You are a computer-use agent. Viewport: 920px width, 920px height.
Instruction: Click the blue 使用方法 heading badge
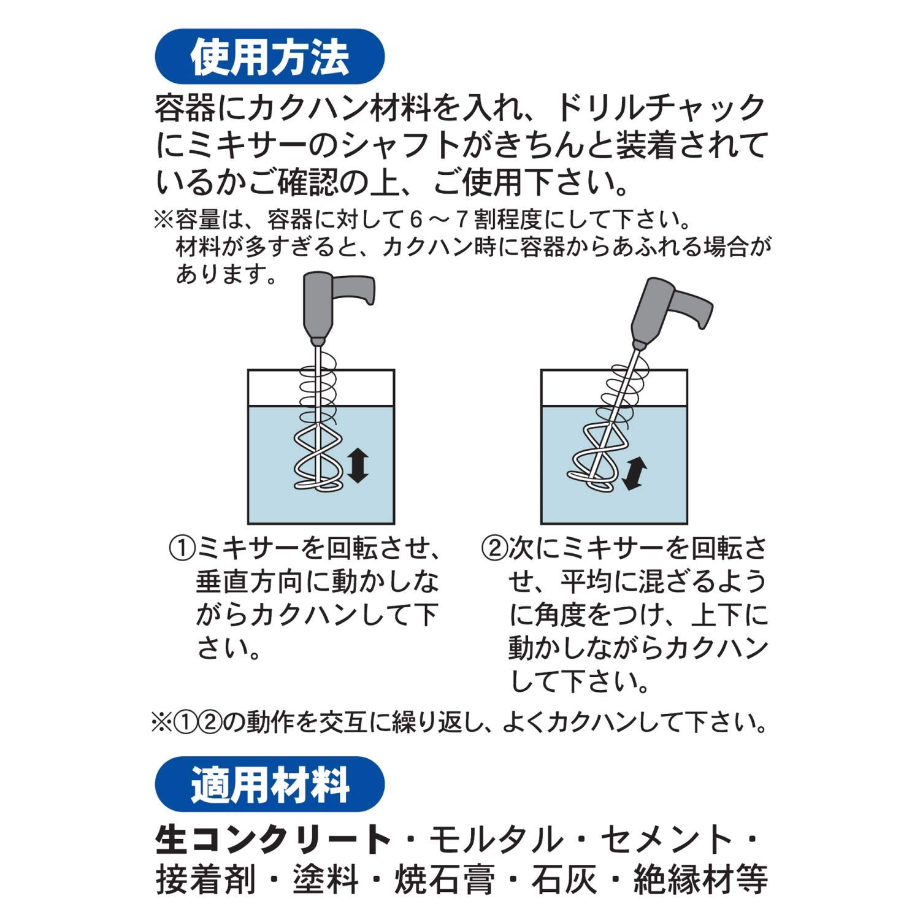(269, 56)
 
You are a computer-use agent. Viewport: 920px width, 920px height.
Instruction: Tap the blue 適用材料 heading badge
(269, 784)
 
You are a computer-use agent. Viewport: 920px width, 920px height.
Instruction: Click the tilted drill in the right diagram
(665, 313)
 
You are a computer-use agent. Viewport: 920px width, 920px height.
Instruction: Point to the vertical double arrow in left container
(357, 465)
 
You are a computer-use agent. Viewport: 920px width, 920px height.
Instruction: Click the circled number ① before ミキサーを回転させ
(182, 548)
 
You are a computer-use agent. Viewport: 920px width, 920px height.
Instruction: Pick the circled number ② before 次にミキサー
(494, 548)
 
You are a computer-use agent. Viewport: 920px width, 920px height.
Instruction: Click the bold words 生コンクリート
(273, 840)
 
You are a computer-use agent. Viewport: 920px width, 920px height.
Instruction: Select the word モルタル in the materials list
(496, 840)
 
